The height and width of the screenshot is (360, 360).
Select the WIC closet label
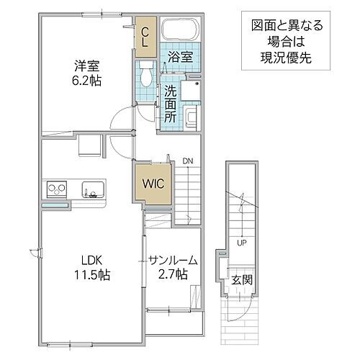click(x=152, y=184)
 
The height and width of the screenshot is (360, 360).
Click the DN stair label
click(x=187, y=161)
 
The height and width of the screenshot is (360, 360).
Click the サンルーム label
click(x=174, y=259)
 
